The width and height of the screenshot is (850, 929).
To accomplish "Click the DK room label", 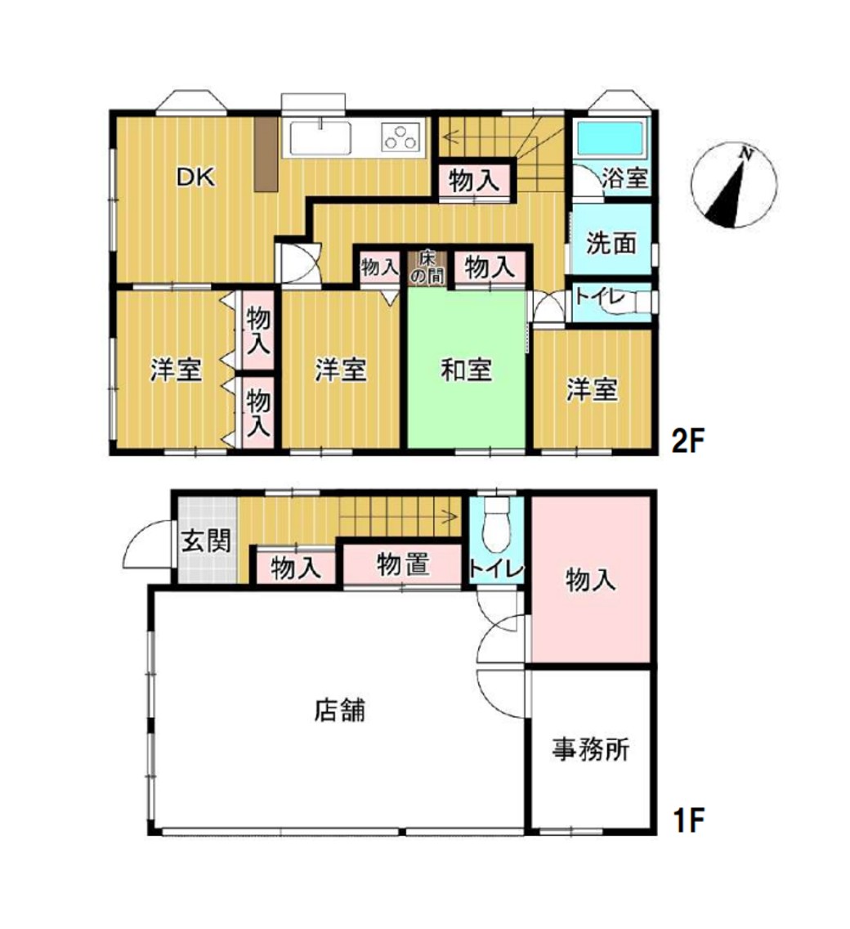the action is coord(195,177).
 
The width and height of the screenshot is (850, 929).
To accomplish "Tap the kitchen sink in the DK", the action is coord(320,139).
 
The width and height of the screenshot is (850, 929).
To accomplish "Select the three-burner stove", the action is coord(402,138).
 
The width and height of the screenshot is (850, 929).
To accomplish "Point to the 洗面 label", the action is coord(611,243).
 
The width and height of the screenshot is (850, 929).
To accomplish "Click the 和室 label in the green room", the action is coord(466,370).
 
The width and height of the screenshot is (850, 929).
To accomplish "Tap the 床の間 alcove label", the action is coord(427,267).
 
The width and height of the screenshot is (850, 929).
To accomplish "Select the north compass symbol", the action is coord(734,185).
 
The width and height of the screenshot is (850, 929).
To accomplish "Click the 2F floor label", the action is coord(687,441).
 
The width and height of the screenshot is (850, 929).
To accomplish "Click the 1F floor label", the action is coord(688,820).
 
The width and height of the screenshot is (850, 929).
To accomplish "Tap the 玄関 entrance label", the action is coord(205,541).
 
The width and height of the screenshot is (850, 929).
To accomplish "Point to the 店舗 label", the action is coord(339,709).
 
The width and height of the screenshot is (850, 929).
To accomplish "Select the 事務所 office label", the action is coord(591,749).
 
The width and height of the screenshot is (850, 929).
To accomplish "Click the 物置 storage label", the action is coord(403,564).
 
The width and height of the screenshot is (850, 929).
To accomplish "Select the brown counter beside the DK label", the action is coord(266,154).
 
